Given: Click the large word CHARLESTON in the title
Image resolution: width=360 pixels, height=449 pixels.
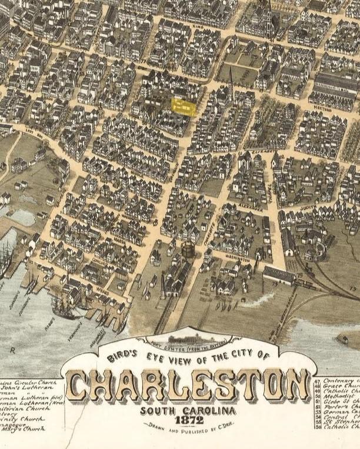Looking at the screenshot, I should pyautogui.click(x=188, y=386).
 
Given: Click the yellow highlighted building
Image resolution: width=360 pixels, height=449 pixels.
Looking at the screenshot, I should pyautogui.click(x=183, y=106).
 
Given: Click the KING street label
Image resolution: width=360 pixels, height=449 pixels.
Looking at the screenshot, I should pyautogui.click(x=198, y=26).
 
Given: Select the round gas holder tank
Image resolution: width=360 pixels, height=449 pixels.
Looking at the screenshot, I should pyautogui.click(x=188, y=250).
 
